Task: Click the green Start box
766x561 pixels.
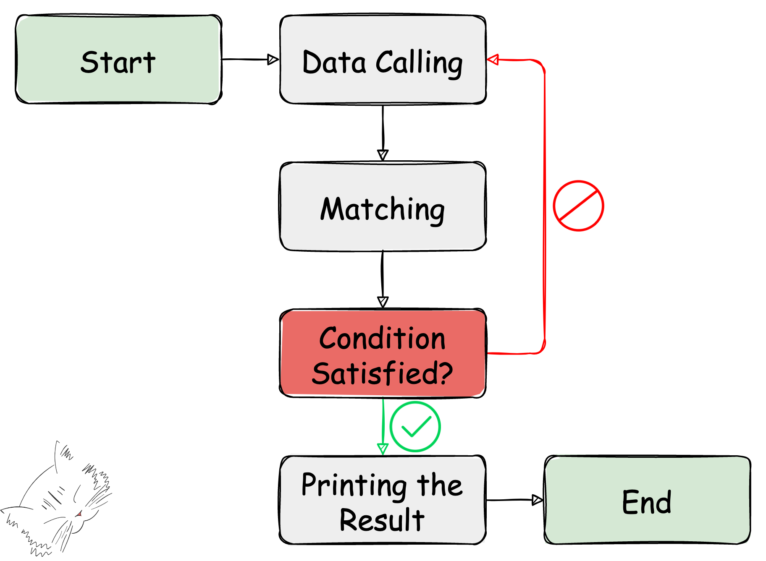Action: (118, 60)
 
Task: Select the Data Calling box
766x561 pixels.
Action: (383, 60)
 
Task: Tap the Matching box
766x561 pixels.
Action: (383, 206)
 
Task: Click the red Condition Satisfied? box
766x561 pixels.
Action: (383, 353)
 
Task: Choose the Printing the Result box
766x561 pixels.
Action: (383, 500)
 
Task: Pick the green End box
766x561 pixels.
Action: (647, 500)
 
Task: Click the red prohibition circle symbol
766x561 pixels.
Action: (578, 206)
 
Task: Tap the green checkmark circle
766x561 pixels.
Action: (415, 427)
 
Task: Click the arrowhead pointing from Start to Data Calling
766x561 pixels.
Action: (273, 60)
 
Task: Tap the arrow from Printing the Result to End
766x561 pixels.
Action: (514, 500)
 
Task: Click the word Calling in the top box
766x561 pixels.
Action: (419, 63)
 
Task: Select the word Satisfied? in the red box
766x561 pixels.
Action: (382, 373)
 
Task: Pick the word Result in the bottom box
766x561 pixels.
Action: (382, 520)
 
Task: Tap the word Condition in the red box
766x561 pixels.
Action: (382, 338)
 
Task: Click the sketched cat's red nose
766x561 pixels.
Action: (79, 514)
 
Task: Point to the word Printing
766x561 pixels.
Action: (354, 485)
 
